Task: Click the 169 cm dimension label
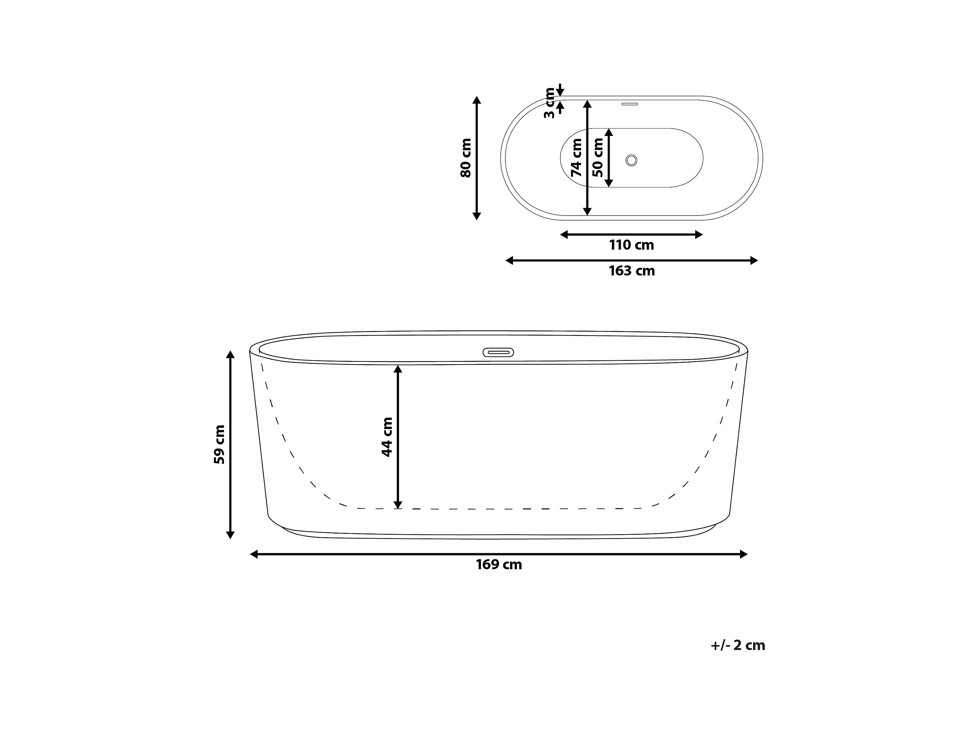(x=499, y=564)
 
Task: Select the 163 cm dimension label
(x=632, y=270)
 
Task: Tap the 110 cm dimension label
(x=632, y=245)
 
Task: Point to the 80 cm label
(x=466, y=158)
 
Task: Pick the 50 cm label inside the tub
(x=597, y=158)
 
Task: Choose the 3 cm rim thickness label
(x=549, y=103)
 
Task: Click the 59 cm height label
(x=219, y=444)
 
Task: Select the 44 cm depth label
(x=387, y=437)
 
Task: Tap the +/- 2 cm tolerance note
(x=738, y=645)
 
